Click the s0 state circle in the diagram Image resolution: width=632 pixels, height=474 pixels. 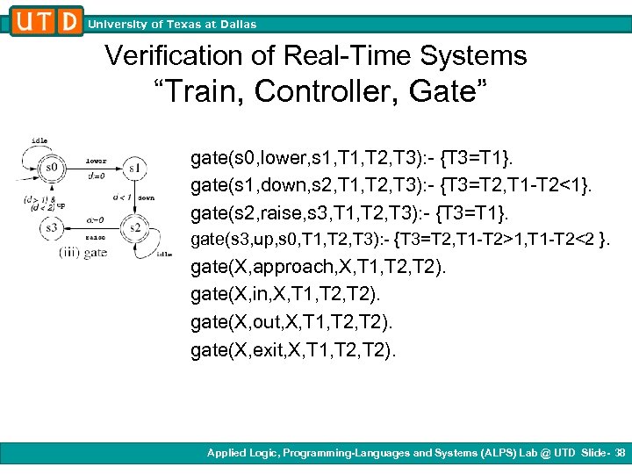(53, 167)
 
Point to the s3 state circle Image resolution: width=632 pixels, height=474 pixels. (53, 227)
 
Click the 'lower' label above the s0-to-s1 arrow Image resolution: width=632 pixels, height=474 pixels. (96, 161)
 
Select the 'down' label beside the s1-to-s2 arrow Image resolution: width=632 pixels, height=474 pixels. (146, 198)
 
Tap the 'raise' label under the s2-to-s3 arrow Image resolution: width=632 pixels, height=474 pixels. (95, 237)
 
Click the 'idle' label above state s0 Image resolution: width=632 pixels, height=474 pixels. (39, 140)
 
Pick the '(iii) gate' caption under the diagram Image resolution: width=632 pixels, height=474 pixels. (83, 253)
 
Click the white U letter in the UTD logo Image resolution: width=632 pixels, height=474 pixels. (25, 20)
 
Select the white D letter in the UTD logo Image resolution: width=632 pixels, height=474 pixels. (70, 20)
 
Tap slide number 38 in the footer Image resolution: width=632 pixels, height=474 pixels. (621, 453)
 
